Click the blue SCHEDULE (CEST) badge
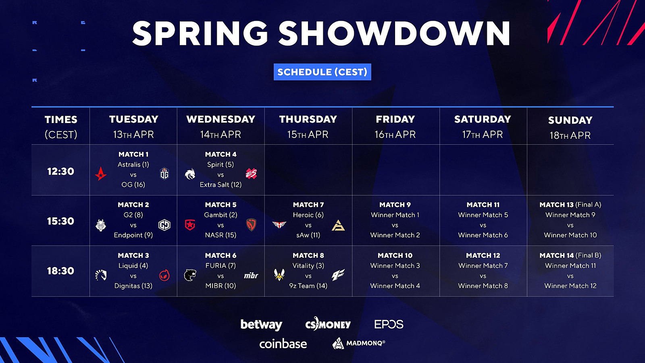(322, 72)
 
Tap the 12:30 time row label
(60, 171)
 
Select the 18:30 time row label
(60, 271)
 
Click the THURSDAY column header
(308, 119)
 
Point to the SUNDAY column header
(570, 120)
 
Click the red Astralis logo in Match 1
(101, 174)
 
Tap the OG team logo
(164, 173)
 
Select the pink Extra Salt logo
(251, 174)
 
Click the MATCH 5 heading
(221, 205)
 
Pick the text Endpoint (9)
(133, 235)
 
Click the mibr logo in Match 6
(251, 275)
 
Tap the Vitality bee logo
(279, 275)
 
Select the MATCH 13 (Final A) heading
(570, 205)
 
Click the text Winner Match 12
(570, 286)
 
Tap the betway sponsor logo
(261, 324)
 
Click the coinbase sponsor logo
(283, 344)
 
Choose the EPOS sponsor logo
(389, 324)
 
